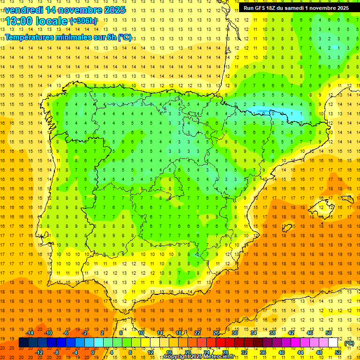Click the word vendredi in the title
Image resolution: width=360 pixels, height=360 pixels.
[x=23, y=10]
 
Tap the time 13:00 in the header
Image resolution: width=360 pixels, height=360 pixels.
[x=20, y=21]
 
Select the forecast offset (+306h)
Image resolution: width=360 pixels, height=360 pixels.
[x=84, y=21]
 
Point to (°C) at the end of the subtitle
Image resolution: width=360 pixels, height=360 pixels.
[x=125, y=37]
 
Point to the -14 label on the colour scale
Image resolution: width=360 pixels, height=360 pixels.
[x=30, y=333]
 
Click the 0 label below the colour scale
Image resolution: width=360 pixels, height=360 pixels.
[x=93, y=352]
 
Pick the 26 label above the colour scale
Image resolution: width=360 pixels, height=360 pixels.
[x=216, y=333]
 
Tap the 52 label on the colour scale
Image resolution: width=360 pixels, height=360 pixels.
[x=337, y=352]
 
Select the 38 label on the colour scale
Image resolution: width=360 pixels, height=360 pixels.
[x=272, y=333]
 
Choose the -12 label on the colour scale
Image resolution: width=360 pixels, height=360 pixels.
[x=39, y=352]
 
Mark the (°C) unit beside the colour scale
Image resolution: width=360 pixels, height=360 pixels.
[x=349, y=343]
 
